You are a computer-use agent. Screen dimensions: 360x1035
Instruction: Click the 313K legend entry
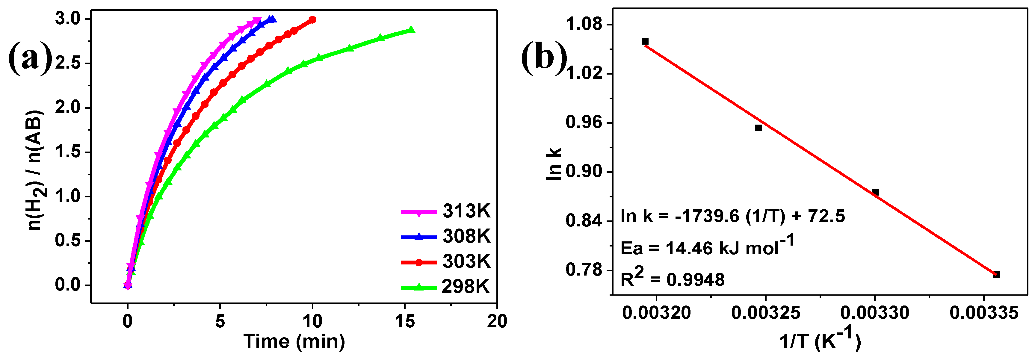point(446,211)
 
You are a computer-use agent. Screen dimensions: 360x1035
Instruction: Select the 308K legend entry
point(446,236)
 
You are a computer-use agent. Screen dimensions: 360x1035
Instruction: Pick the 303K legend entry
point(446,261)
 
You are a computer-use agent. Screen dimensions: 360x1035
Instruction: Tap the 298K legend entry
point(446,287)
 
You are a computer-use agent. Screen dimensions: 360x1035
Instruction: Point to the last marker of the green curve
point(411,30)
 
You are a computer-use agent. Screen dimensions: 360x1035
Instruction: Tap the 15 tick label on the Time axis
point(405,321)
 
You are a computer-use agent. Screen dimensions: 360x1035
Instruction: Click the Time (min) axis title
point(294,341)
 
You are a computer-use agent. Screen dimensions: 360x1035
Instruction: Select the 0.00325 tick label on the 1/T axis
point(765,313)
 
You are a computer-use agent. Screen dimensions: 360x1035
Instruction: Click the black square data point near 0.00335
point(996,275)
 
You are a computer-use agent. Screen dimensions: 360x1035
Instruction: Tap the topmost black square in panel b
point(645,41)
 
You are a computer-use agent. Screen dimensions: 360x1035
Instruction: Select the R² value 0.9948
point(695,280)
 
